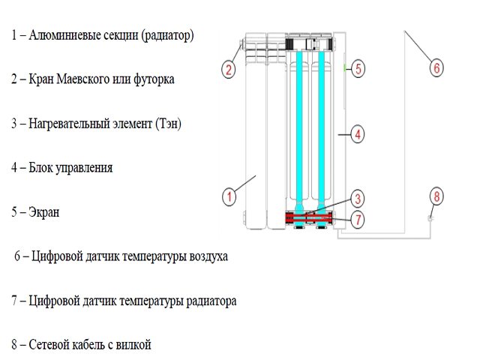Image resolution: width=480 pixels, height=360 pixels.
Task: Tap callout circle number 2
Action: pos(229,70)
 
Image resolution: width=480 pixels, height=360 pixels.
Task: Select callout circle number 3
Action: pos(358,199)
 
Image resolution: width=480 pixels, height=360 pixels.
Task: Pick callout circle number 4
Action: pos(358,135)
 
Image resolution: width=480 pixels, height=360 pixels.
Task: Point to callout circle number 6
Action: pos(436,68)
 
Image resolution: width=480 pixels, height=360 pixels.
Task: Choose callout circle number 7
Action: pos(358,220)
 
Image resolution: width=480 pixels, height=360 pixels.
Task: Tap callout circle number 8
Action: pos(436,197)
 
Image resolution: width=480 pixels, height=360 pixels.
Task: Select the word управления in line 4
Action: pos(85,168)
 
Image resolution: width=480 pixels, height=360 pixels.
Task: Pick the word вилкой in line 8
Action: pos(135,345)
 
